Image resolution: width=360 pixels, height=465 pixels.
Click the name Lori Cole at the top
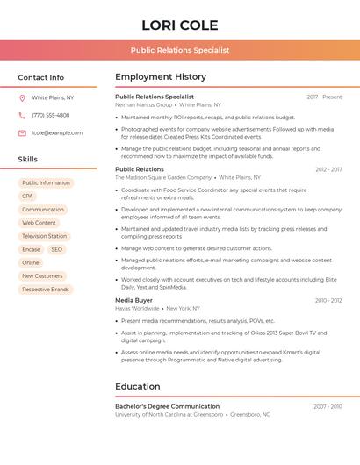pos(180,25)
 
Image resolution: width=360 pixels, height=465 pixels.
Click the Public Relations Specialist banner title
pos(180,50)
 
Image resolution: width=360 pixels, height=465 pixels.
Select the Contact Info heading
pos(41,77)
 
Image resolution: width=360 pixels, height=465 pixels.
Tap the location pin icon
pos(22,98)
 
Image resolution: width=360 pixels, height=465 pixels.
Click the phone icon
pos(22,116)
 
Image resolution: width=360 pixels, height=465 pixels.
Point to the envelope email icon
pos(22,133)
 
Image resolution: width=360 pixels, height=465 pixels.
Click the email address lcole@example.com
pos(57,133)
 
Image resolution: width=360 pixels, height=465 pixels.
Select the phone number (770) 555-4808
pos(51,116)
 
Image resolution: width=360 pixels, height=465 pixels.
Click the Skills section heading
pos(28,160)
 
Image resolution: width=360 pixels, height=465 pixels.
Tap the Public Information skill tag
pos(46,183)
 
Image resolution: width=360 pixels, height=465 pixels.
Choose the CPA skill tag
pos(27,197)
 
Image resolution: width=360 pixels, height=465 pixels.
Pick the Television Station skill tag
pos(44,236)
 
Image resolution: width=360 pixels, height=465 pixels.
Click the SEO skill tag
pos(56,249)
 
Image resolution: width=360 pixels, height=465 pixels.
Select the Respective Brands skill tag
pos(46,289)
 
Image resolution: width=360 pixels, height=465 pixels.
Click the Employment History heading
pos(161,77)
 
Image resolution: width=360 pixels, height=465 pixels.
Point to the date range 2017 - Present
pos(324,97)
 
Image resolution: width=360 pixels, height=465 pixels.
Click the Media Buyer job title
pos(133,300)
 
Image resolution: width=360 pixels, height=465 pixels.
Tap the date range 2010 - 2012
pos(328,300)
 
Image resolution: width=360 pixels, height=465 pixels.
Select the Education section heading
pos(138,386)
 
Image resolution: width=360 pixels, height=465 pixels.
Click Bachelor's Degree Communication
pos(167,406)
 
